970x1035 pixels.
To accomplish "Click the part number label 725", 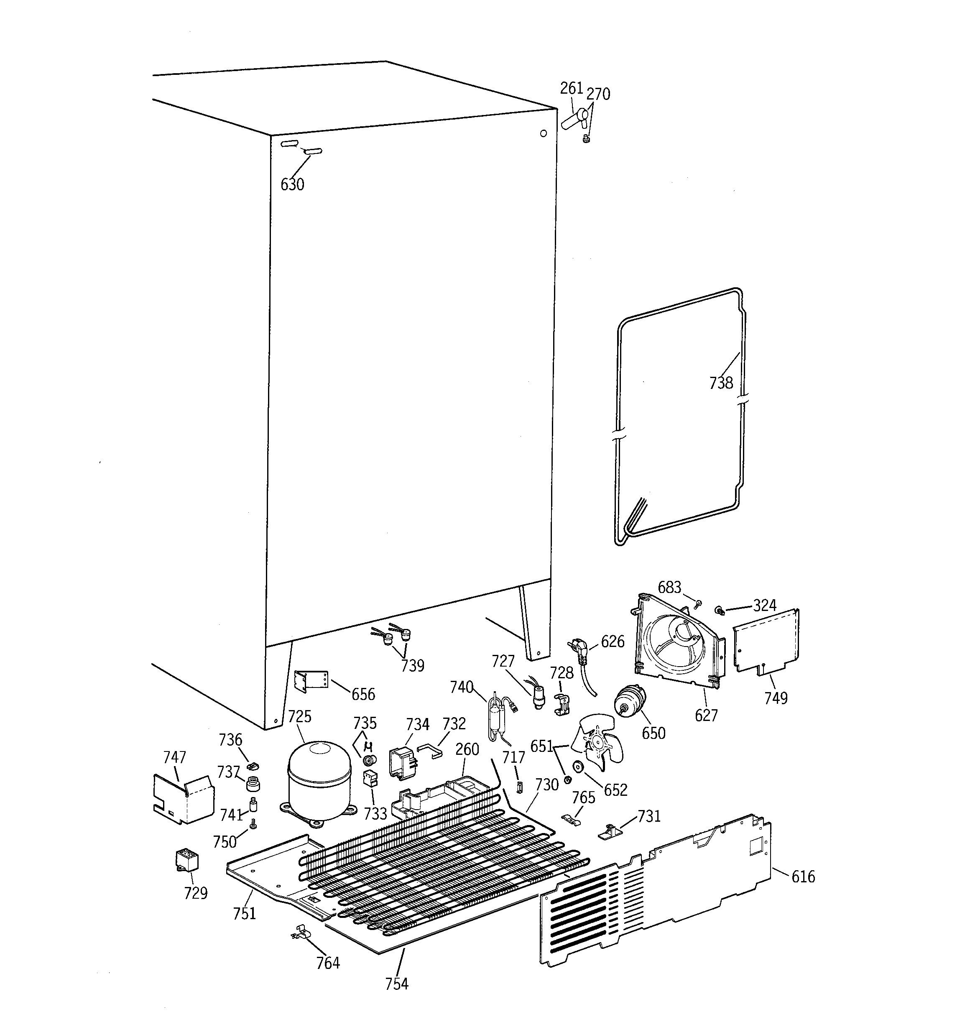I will (299, 717).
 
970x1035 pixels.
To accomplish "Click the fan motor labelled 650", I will (629, 701).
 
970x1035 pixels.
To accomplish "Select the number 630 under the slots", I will (292, 184).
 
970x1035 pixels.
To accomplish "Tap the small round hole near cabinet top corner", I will (544, 134).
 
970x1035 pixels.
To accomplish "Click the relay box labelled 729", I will (187, 860).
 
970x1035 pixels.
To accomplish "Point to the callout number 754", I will (397, 984).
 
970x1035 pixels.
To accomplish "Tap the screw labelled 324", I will (720, 610).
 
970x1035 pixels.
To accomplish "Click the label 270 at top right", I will (598, 94).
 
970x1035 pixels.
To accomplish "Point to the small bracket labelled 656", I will (311, 681).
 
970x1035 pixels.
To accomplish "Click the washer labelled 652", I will (577, 767).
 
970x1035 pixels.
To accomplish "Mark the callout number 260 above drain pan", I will (467, 750).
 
